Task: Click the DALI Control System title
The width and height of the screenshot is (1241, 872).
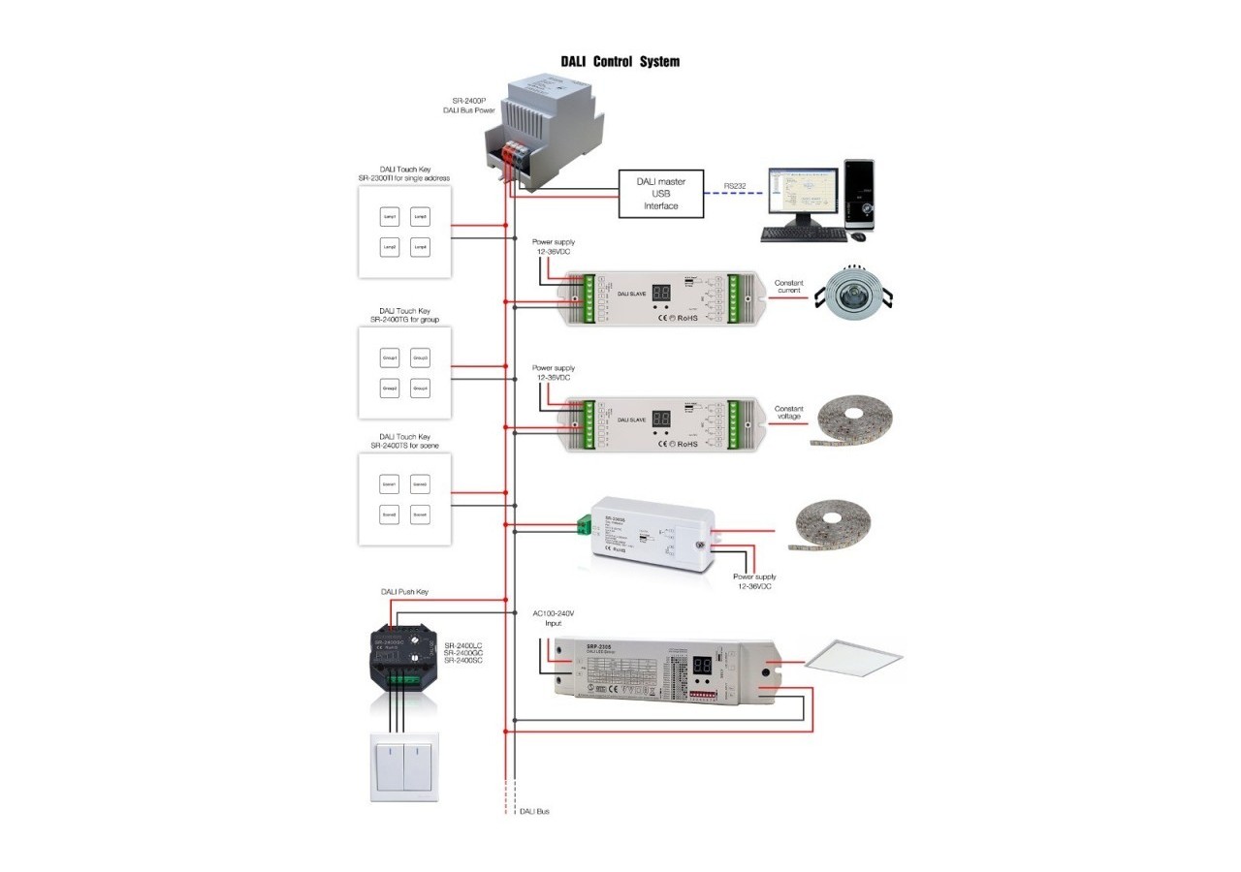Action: tap(620, 62)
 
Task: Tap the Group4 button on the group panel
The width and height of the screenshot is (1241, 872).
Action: tap(420, 389)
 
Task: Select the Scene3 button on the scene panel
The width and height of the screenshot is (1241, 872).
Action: tap(391, 514)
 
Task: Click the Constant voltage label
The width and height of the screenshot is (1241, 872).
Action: tap(789, 413)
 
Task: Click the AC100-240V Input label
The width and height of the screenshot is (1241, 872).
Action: tap(554, 618)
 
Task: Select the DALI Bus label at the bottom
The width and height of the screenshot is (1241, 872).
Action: tap(534, 811)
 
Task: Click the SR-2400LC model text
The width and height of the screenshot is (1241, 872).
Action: tap(463, 644)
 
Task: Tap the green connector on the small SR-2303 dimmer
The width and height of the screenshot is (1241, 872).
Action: tap(585, 526)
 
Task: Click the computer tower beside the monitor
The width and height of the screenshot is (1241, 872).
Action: tap(859, 195)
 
